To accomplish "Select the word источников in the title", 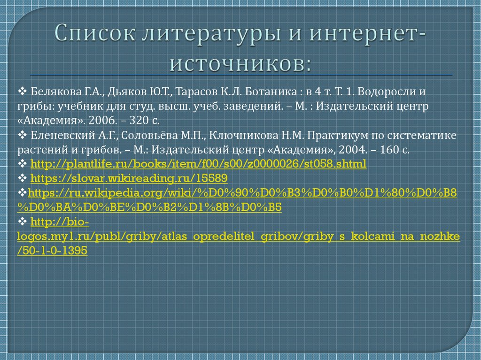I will (240, 63).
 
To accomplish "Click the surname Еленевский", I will (57, 136).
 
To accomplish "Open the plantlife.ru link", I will (198, 164).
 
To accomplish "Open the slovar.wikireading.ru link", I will (129, 178).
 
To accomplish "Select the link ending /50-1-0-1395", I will (52, 251).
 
